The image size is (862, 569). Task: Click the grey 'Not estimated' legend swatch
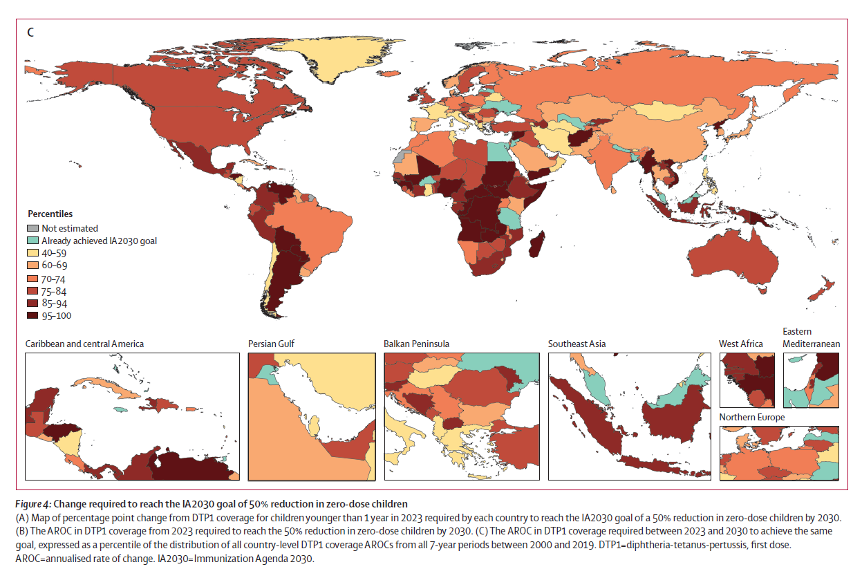tap(33, 228)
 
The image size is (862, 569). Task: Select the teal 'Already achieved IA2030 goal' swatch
tap(33, 241)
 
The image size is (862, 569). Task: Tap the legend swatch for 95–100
tap(33, 316)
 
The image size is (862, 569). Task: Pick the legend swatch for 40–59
tap(33, 253)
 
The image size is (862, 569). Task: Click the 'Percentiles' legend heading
tap(50, 214)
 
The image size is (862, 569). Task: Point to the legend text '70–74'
tap(55, 279)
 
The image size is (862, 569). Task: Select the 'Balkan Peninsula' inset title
tap(417, 344)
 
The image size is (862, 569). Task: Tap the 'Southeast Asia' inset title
tap(577, 344)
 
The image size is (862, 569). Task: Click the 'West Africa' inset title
tap(741, 344)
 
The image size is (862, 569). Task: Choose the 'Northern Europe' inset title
tap(751, 418)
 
